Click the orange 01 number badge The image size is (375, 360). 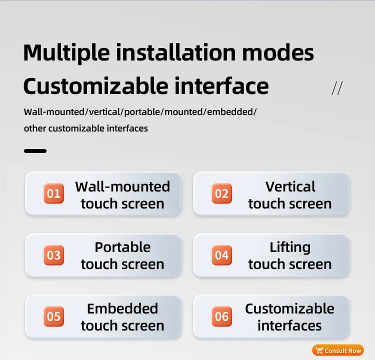click(53, 193)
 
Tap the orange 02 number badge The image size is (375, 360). click(221, 193)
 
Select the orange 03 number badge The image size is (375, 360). click(53, 255)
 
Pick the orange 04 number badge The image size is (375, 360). click(221, 255)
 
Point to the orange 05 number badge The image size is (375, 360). click(53, 317)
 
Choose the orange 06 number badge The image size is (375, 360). click(221, 317)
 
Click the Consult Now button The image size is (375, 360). click(338, 350)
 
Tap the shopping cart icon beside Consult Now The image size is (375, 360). click(319, 350)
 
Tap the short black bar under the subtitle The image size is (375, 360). click(35, 150)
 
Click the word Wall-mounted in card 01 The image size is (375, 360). click(122, 186)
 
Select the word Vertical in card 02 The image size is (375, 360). click(290, 186)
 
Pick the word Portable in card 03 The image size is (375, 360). click(122, 247)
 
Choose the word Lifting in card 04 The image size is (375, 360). click(290, 247)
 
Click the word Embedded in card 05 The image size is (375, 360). click(122, 309)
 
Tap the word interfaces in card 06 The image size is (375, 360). click(289, 326)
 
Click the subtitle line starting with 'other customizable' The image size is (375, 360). click(86, 128)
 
